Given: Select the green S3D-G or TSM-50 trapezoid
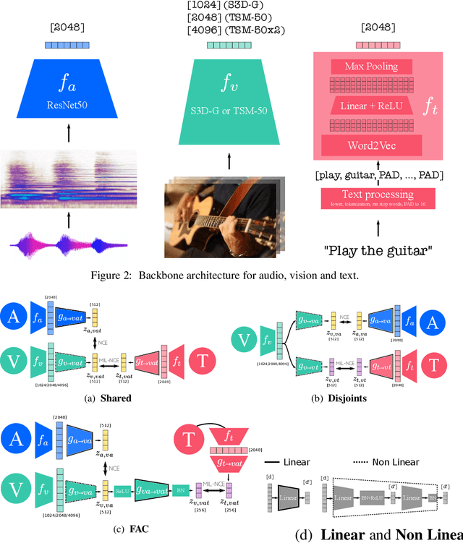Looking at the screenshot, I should [229, 91].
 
